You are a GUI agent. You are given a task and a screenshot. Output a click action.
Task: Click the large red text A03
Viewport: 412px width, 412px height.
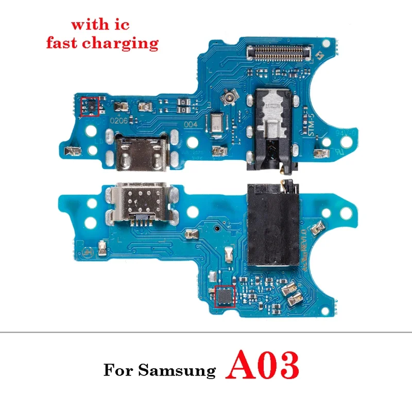pyautogui.click(x=263, y=366)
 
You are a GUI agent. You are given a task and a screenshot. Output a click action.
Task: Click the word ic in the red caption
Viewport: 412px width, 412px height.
pyautogui.click(x=123, y=24)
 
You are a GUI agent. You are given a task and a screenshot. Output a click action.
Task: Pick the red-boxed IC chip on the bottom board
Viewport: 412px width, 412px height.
pyautogui.click(x=224, y=296)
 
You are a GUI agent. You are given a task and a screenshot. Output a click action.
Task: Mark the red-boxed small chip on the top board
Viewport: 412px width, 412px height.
pyautogui.click(x=90, y=105)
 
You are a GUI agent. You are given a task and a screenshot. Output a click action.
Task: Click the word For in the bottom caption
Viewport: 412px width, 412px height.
pyautogui.click(x=117, y=370)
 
